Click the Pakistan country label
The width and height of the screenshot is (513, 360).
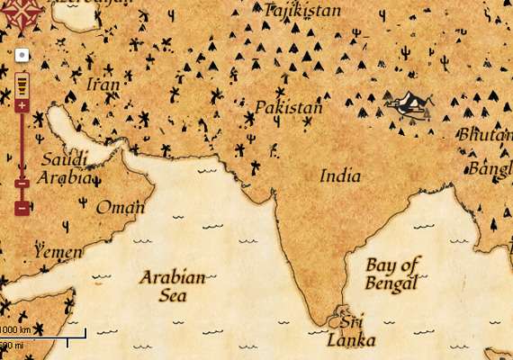point(288,108)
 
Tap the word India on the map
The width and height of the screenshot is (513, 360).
point(340,175)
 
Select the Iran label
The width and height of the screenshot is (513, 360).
point(103,85)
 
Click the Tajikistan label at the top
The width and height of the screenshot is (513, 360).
point(302,11)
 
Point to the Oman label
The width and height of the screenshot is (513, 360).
point(121,208)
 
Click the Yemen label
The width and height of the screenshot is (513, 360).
point(58,252)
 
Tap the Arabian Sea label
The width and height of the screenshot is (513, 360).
point(173,285)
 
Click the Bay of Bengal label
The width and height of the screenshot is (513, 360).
point(393,274)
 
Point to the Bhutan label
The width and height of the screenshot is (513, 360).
point(485,134)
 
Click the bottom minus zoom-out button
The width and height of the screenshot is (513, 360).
point(22,209)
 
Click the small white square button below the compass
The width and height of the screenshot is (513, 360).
point(22,56)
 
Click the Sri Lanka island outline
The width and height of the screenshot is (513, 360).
point(342,317)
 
